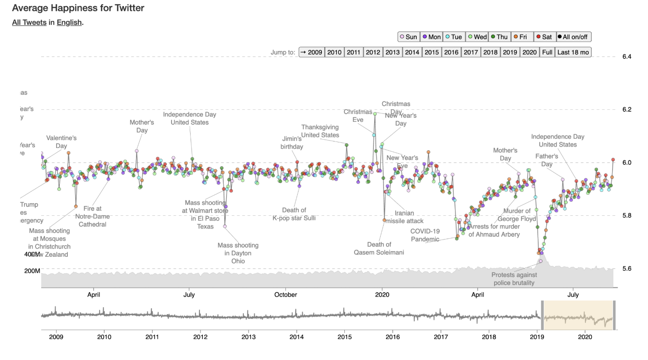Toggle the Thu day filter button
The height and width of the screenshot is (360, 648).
click(x=499, y=37)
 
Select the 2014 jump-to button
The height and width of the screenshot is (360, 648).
click(x=412, y=52)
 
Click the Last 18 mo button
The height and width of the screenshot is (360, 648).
click(x=573, y=52)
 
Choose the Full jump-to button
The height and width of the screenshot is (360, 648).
click(x=547, y=52)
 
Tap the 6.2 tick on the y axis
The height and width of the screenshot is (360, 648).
click(x=627, y=110)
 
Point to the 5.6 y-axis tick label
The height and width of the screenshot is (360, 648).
click(x=627, y=269)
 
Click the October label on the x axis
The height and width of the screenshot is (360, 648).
click(x=285, y=295)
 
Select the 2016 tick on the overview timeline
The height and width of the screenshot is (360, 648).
click(x=393, y=337)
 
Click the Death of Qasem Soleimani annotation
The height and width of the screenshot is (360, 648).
click(x=379, y=248)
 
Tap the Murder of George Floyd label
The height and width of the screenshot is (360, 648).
click(x=517, y=215)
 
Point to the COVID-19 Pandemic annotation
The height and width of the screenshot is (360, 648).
click(x=425, y=235)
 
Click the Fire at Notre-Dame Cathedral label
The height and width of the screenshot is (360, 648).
click(x=92, y=216)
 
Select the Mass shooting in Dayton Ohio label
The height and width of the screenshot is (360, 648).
click(x=238, y=253)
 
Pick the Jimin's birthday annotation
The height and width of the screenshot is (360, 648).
click(x=292, y=143)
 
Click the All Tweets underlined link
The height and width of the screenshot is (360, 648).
click(x=29, y=22)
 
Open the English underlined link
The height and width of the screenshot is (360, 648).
click(x=69, y=22)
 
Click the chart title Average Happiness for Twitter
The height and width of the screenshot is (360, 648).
click(x=78, y=8)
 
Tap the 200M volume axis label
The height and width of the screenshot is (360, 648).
click(x=32, y=271)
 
